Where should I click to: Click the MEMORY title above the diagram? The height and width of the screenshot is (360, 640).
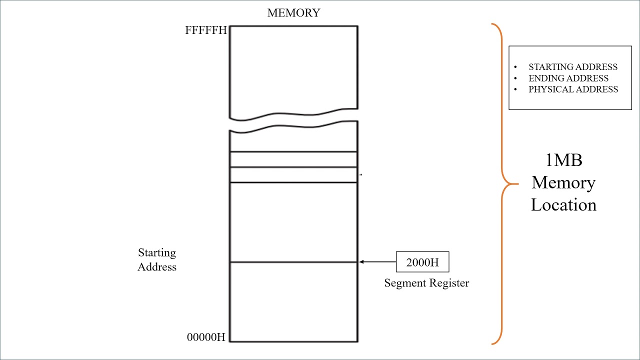pyautogui.click(x=293, y=13)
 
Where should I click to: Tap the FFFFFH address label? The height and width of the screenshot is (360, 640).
pyautogui.click(x=205, y=30)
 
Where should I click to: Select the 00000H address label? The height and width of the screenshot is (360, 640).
pyautogui.click(x=206, y=337)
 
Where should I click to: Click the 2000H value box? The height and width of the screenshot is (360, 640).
pyautogui.click(x=422, y=262)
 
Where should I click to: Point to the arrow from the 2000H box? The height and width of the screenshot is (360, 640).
pyautogui.click(x=377, y=261)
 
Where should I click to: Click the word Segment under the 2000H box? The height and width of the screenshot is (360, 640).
pyautogui.click(x=404, y=283)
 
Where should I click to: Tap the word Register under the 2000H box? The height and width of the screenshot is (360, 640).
pyautogui.click(x=448, y=283)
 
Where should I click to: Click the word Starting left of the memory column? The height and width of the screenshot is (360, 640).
pyautogui.click(x=157, y=253)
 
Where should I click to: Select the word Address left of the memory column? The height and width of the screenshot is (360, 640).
pyautogui.click(x=157, y=267)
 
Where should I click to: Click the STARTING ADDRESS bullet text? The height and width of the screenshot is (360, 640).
pyautogui.click(x=573, y=67)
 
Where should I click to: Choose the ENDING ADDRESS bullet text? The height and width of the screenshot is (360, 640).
pyautogui.click(x=568, y=78)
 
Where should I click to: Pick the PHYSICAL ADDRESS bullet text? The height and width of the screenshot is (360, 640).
pyautogui.click(x=573, y=89)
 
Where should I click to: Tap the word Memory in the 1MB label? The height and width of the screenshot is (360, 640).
pyautogui.click(x=563, y=182)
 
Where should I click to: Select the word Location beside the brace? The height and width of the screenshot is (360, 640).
pyautogui.click(x=563, y=205)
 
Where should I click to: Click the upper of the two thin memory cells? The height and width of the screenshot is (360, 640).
pyautogui.click(x=293, y=159)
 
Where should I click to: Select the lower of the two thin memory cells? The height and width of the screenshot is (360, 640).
pyautogui.click(x=293, y=174)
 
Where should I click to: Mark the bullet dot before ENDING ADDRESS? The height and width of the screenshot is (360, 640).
pyautogui.click(x=515, y=78)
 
